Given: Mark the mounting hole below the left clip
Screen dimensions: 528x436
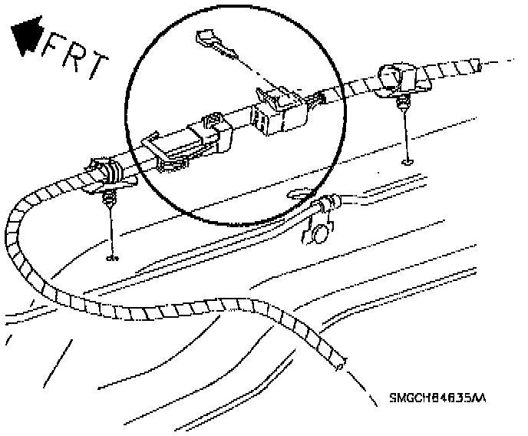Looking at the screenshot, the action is click(x=114, y=257).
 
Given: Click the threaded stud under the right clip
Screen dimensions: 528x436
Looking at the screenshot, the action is click(x=401, y=103).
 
